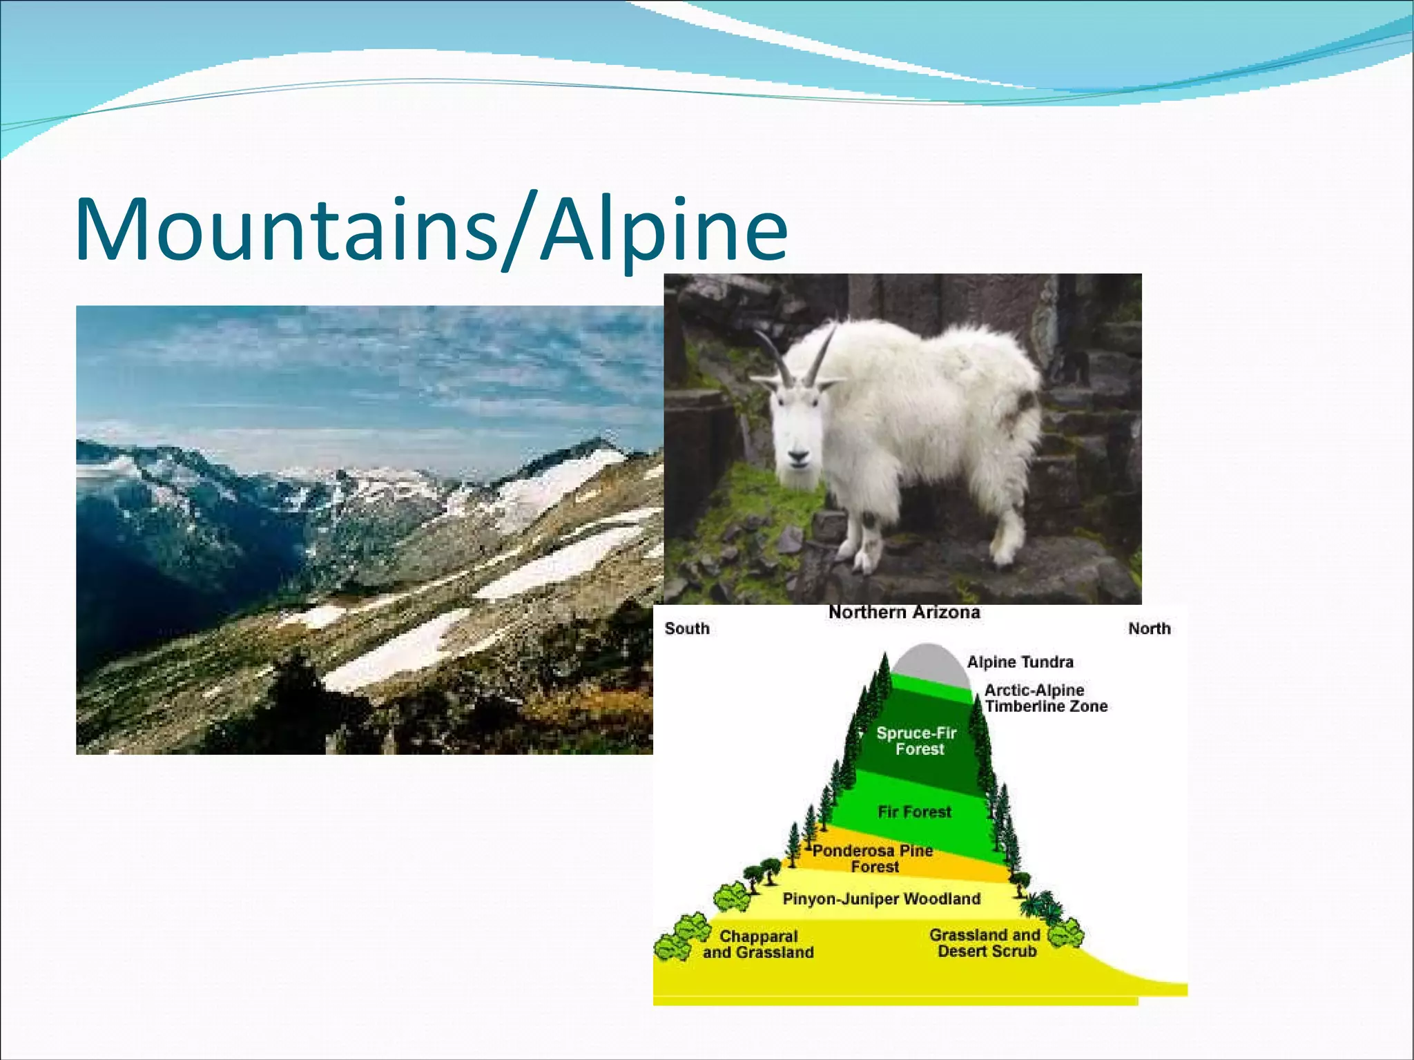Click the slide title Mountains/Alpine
point(431,229)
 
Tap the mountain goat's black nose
point(797,456)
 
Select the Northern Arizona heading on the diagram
point(904,613)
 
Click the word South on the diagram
point(687,628)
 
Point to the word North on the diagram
point(1150,628)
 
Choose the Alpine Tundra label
point(1020,662)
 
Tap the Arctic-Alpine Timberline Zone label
point(1045,698)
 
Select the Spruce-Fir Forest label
point(917,741)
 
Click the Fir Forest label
point(914,812)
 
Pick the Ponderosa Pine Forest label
point(873,858)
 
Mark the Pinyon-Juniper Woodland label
point(881,899)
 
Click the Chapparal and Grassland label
point(758,945)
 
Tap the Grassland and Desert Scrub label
point(985,943)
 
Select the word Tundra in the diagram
point(1047,662)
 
